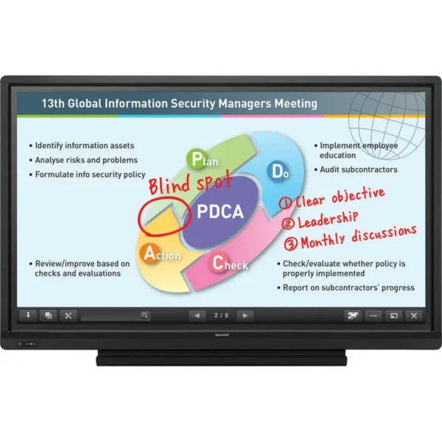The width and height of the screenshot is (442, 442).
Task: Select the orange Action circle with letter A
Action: pos(150,253)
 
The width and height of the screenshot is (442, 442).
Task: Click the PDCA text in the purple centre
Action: pos(220,211)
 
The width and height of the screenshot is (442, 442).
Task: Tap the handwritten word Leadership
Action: pos(328,220)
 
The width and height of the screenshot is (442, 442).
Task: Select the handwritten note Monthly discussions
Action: pos(358,237)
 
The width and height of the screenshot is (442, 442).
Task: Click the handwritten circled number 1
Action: pos(286,203)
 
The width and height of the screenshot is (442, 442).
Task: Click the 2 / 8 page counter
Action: pos(221,315)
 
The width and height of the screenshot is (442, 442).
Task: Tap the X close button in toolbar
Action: pos(413,315)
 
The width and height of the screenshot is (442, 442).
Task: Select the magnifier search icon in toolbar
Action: pos(144,315)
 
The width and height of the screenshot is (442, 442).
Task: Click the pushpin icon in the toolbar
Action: pos(28,315)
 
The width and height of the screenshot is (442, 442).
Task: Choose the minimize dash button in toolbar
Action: pos(373,315)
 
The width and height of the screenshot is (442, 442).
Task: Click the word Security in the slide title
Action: pos(193,103)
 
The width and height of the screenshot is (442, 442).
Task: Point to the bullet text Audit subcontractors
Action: pos(359,169)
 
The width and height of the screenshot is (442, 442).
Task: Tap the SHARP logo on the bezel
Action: pos(222,335)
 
